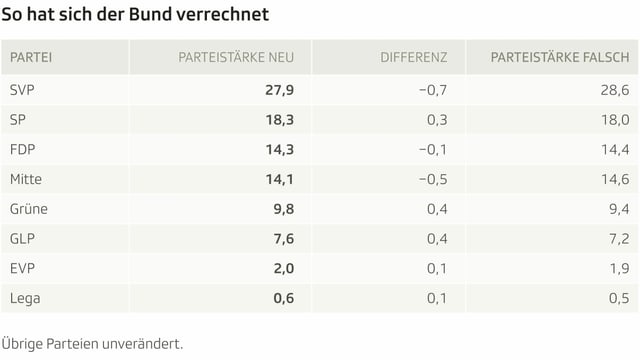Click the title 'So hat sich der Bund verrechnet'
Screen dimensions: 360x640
click(x=134, y=17)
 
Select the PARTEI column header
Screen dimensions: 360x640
click(x=31, y=57)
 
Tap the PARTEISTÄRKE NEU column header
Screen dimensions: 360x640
click(x=235, y=57)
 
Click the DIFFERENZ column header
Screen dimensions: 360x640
click(x=413, y=57)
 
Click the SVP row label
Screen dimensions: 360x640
click(x=22, y=90)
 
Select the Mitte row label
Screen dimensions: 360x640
click(x=26, y=179)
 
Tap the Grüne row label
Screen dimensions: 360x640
click(x=28, y=209)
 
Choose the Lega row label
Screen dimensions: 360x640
click(x=25, y=298)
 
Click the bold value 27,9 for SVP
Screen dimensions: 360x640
click(x=279, y=90)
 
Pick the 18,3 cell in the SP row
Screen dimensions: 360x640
click(x=279, y=120)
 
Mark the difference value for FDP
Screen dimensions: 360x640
click(x=430, y=150)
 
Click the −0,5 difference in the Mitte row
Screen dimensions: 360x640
click(x=430, y=179)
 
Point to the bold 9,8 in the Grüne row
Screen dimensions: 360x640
click(x=283, y=209)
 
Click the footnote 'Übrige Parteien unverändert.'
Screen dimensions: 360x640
click(x=92, y=341)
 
